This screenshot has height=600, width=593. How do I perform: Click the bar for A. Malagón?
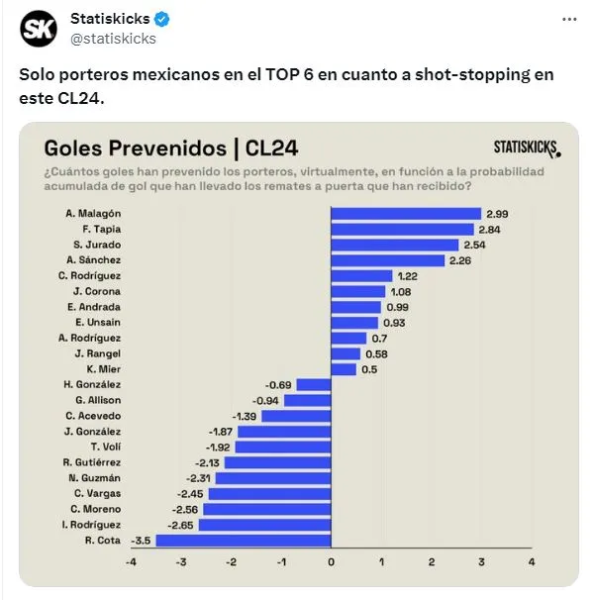click(x=405, y=214)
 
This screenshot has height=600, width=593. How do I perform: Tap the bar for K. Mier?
click(x=344, y=369)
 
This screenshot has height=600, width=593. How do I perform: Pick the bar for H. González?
click(x=313, y=384)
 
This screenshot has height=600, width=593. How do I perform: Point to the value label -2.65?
click(x=183, y=525)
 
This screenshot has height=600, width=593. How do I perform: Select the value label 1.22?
click(x=407, y=276)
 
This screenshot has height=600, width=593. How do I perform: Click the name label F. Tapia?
click(x=102, y=229)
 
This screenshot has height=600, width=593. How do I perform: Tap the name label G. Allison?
click(x=98, y=400)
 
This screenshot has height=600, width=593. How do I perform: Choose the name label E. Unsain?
click(x=98, y=323)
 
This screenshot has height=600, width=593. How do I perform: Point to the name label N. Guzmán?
click(x=97, y=477)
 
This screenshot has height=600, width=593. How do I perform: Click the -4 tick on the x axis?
click(x=130, y=563)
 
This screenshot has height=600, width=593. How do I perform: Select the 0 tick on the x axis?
click(x=331, y=563)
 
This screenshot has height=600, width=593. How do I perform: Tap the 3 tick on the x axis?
click(x=481, y=563)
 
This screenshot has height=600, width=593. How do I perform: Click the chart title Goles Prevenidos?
click(x=136, y=149)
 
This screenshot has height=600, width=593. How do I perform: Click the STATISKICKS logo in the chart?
click(x=526, y=149)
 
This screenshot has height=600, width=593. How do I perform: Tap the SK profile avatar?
click(x=40, y=28)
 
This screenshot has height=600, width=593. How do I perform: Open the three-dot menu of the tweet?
click(x=568, y=20)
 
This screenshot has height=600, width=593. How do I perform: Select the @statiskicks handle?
click(x=113, y=39)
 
